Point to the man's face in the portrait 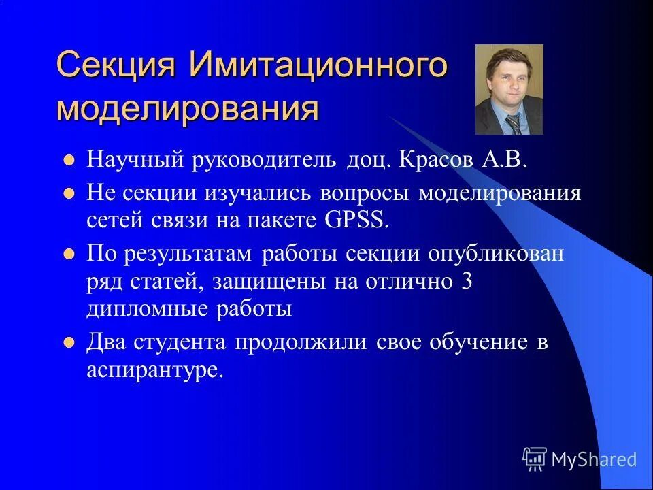click(x=507, y=82)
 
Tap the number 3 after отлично click(x=466, y=282)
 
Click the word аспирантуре click(x=155, y=370)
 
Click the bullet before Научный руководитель click(x=68, y=163)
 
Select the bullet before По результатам click(x=68, y=255)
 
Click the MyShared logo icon click(x=535, y=459)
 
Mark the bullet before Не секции click(x=68, y=194)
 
